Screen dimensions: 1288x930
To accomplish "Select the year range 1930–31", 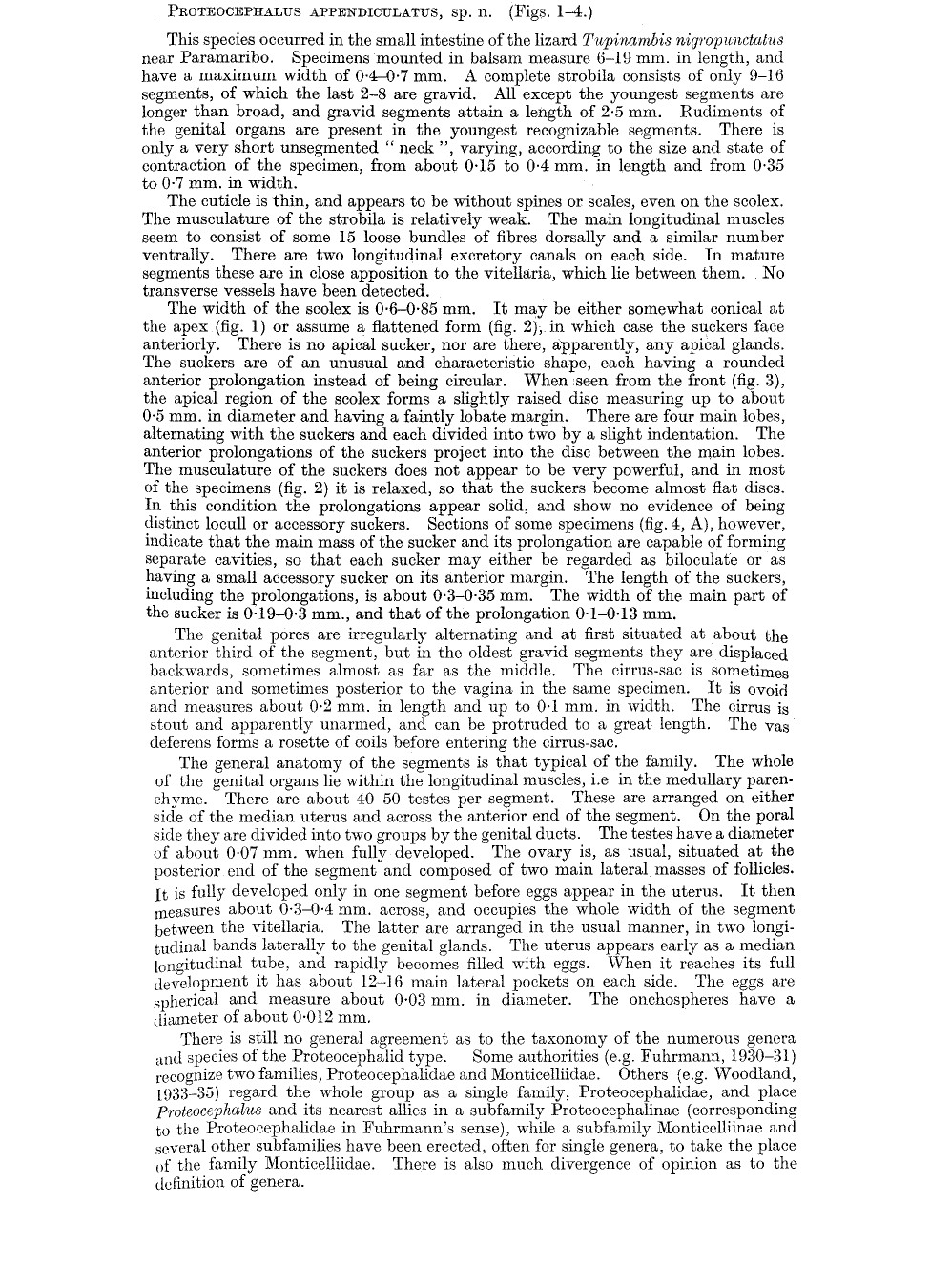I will pos(753,1056).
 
